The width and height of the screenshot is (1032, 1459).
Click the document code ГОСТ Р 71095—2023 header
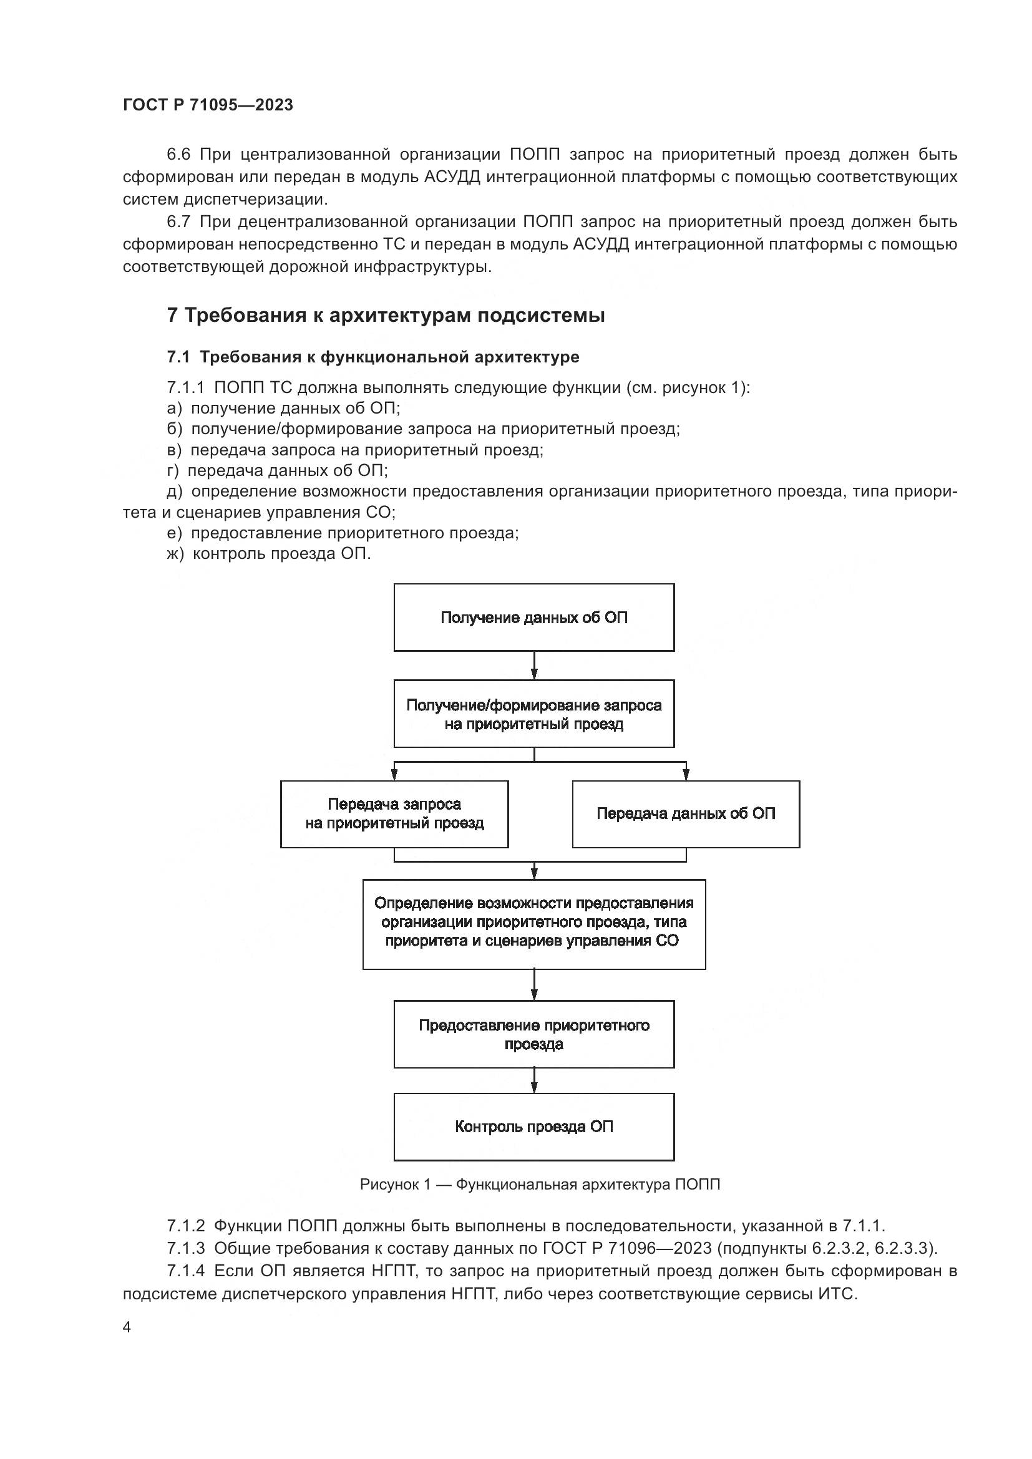[x=208, y=105]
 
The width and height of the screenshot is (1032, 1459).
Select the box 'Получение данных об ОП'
[x=534, y=618]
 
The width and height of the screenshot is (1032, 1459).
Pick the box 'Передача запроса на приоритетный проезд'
[x=394, y=814]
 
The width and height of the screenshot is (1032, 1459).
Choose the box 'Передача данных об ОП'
[x=686, y=814]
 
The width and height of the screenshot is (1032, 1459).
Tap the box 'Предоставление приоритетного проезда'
[x=534, y=1034]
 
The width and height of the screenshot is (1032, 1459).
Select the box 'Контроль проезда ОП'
[x=534, y=1127]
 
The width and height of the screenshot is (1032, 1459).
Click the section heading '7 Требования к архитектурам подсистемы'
[x=386, y=315]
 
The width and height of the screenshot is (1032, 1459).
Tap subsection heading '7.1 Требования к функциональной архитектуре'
[x=373, y=357]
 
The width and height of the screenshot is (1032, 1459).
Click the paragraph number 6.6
[x=178, y=155]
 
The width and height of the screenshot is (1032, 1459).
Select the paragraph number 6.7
[x=178, y=222]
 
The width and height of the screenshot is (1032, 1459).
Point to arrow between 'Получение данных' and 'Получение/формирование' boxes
[x=534, y=666]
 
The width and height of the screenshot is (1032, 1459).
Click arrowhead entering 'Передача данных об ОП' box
[x=686, y=775]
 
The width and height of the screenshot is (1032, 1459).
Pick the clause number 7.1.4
[x=186, y=1271]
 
